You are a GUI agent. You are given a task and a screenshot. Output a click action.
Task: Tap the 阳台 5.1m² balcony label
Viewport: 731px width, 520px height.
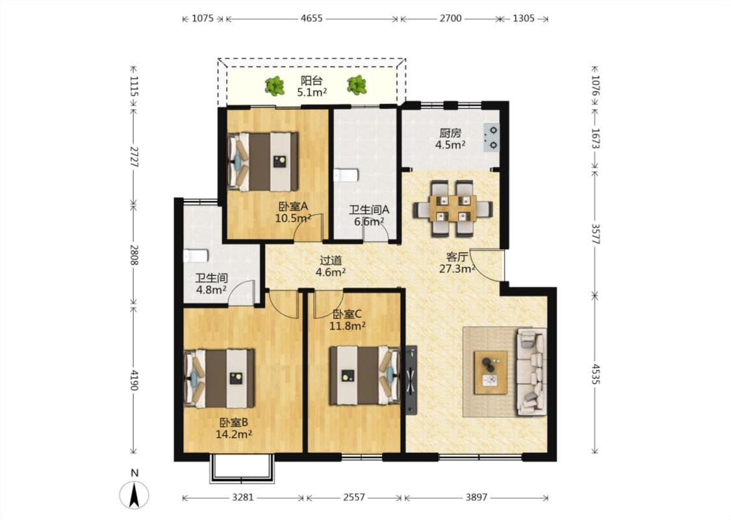pos(312,86)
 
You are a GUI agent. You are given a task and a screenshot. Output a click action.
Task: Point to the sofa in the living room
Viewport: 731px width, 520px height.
pos(532,372)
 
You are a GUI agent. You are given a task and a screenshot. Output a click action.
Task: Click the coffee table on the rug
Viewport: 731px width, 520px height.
pos(491,372)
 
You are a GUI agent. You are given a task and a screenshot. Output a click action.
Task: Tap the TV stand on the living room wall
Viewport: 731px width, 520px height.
pos(411,380)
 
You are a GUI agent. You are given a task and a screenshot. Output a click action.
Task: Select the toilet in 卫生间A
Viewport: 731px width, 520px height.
pos(346,175)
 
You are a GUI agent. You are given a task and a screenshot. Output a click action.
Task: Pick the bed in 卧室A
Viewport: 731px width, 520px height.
pos(263,162)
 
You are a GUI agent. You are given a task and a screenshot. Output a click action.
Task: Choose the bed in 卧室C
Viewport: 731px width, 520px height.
pos(365,375)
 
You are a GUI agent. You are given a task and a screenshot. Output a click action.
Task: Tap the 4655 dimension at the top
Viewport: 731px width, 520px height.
pos(311,19)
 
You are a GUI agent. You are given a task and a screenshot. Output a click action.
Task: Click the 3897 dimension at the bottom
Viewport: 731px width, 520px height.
pos(476,498)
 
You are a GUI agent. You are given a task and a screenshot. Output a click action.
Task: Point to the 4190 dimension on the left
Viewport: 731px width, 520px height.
pos(135,380)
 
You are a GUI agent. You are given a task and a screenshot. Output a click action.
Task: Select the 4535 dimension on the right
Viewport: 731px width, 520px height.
pos(595,374)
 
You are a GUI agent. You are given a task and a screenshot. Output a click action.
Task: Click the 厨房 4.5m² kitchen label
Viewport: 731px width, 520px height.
pos(450,139)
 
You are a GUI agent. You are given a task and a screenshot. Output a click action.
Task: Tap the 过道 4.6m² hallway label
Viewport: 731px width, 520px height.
pos(331,266)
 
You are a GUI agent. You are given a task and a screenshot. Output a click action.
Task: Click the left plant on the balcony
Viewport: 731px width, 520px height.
pos(275,86)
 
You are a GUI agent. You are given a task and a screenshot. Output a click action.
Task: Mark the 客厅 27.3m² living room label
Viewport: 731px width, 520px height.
pos(457,263)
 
